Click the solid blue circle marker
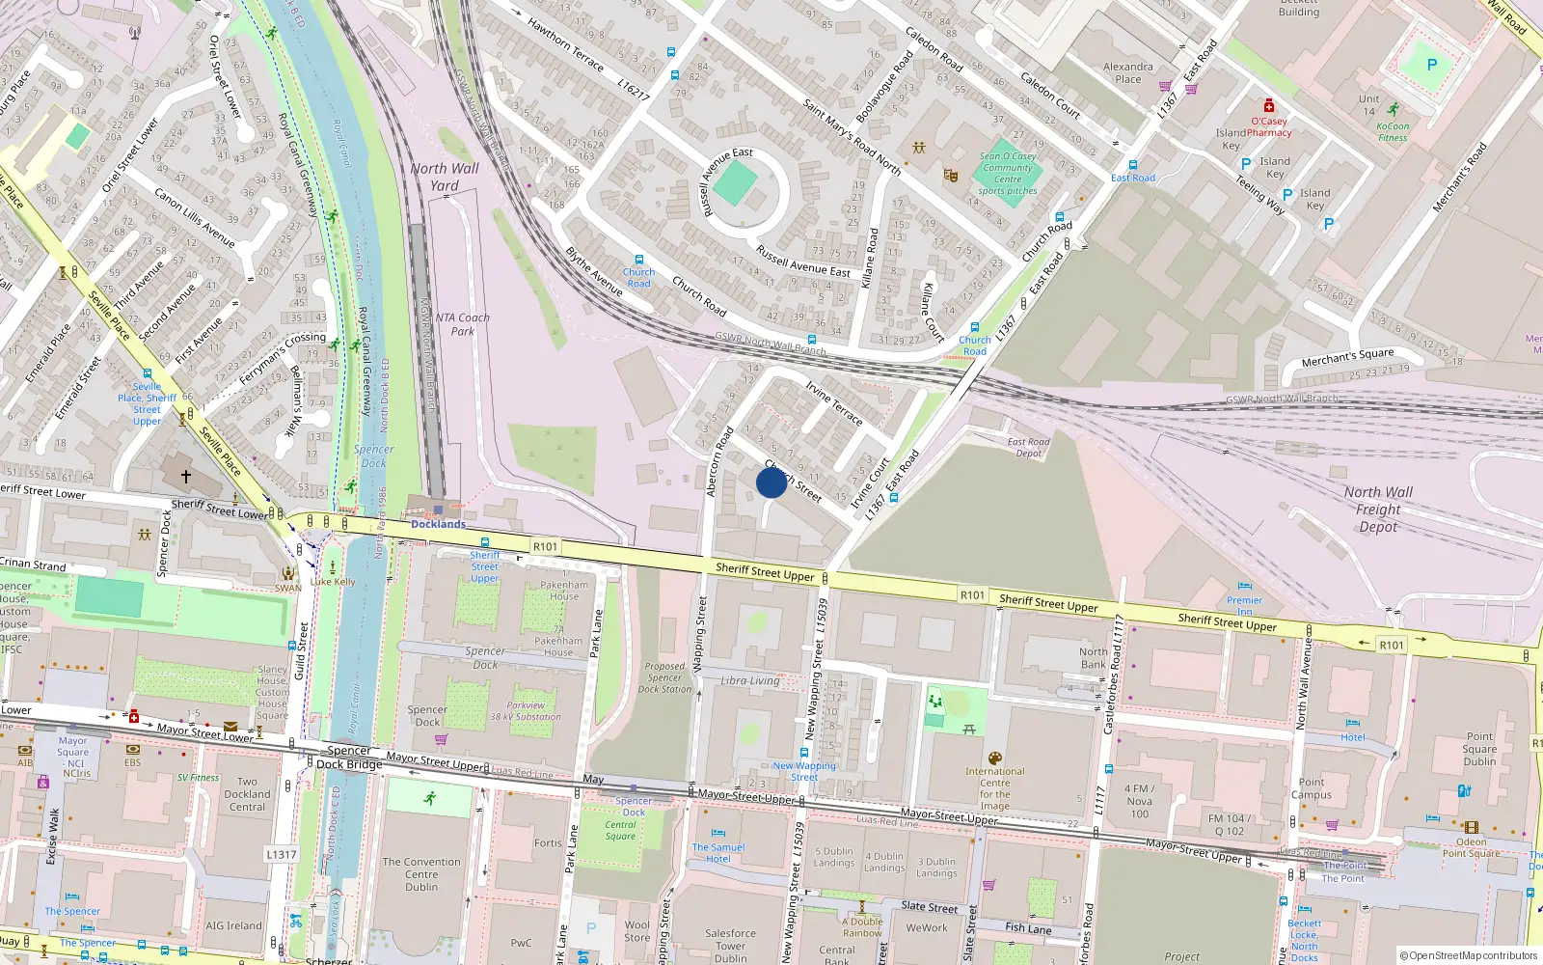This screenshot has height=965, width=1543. (771, 482)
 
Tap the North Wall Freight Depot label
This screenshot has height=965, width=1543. (1378, 510)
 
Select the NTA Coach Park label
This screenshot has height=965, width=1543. (463, 324)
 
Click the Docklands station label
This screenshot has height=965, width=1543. (439, 524)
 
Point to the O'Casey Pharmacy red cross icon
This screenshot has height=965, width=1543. (1269, 105)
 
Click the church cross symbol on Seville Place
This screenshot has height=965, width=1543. (186, 476)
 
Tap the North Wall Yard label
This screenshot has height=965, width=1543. (445, 177)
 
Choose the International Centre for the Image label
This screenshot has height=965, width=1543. (995, 788)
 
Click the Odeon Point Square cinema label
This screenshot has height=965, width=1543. (1471, 847)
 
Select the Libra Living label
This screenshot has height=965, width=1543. (750, 680)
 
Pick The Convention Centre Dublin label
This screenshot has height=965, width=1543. (421, 874)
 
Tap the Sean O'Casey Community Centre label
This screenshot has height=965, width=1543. (1008, 174)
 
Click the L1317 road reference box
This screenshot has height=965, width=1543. (282, 854)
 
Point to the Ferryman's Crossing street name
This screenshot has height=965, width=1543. (283, 358)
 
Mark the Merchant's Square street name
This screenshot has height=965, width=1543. (1347, 357)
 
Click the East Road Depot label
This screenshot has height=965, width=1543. (1029, 448)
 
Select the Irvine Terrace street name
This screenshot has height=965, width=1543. (834, 402)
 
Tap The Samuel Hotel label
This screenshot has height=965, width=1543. (718, 853)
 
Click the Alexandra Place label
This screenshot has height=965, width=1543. (1128, 73)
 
